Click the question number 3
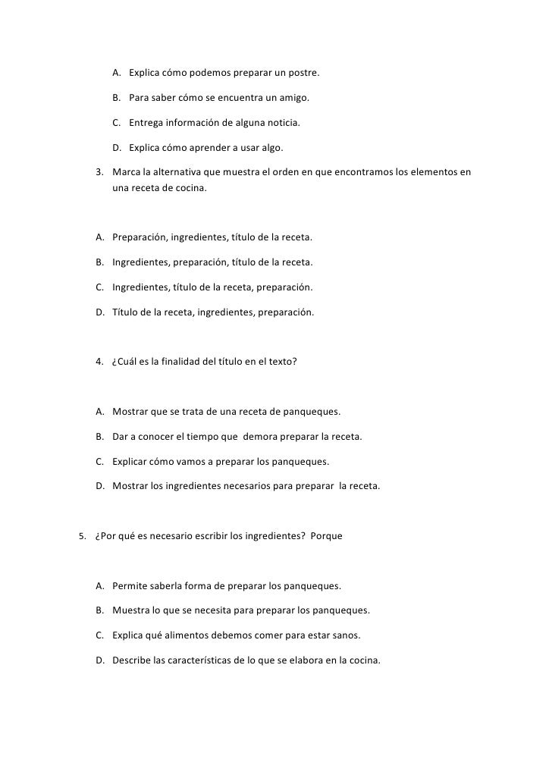pyautogui.click(x=99, y=172)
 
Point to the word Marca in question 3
pyautogui.click(x=126, y=172)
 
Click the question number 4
pyautogui.click(x=99, y=362)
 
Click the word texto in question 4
pyautogui.click(x=280, y=362)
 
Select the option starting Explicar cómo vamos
pyautogui.click(x=220, y=461)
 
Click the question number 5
pyautogui.click(x=83, y=536)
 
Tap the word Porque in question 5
pyautogui.click(x=326, y=536)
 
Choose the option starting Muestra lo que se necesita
pyautogui.click(x=240, y=610)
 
